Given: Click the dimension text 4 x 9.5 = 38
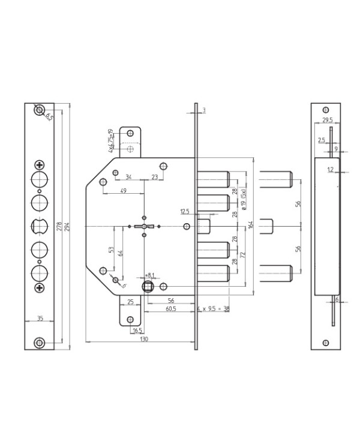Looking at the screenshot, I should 213,308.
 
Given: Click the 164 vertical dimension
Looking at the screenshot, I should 250,226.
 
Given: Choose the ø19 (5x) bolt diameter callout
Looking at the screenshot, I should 243,193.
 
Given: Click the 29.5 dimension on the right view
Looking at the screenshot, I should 326,121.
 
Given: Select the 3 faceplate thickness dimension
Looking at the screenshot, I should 204,110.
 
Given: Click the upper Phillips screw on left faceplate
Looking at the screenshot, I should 39,164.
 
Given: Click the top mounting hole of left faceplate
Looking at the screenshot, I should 39,110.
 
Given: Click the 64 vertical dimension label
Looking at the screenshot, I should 120,254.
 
